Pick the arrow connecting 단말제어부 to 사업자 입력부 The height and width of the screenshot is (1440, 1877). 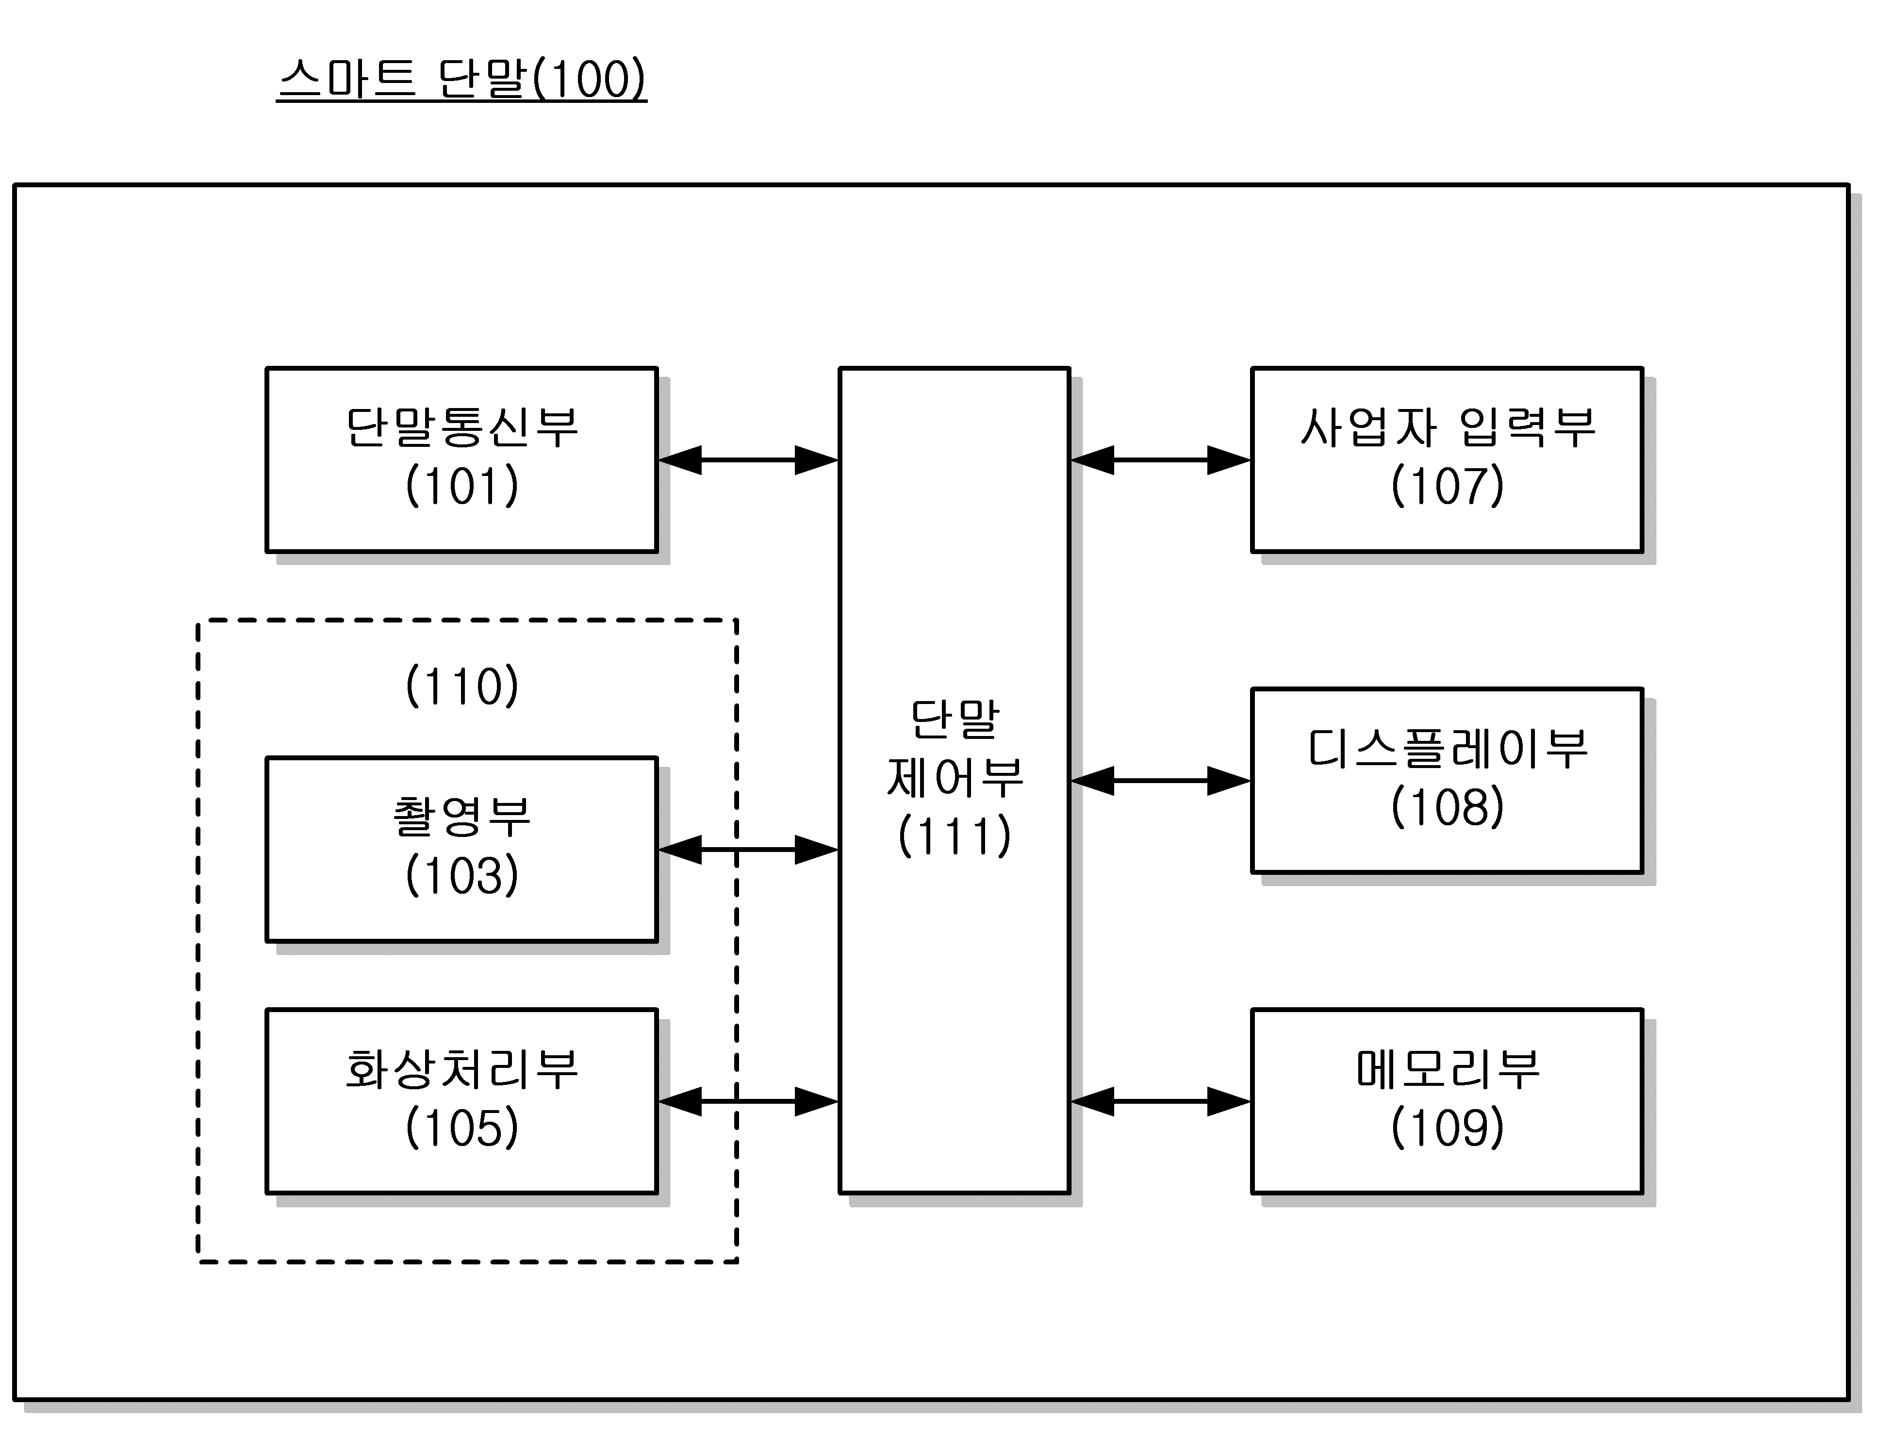click(1160, 460)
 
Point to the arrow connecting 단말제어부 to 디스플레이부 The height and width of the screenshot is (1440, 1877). click(1160, 781)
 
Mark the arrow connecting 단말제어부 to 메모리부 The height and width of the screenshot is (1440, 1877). click(1160, 1101)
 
